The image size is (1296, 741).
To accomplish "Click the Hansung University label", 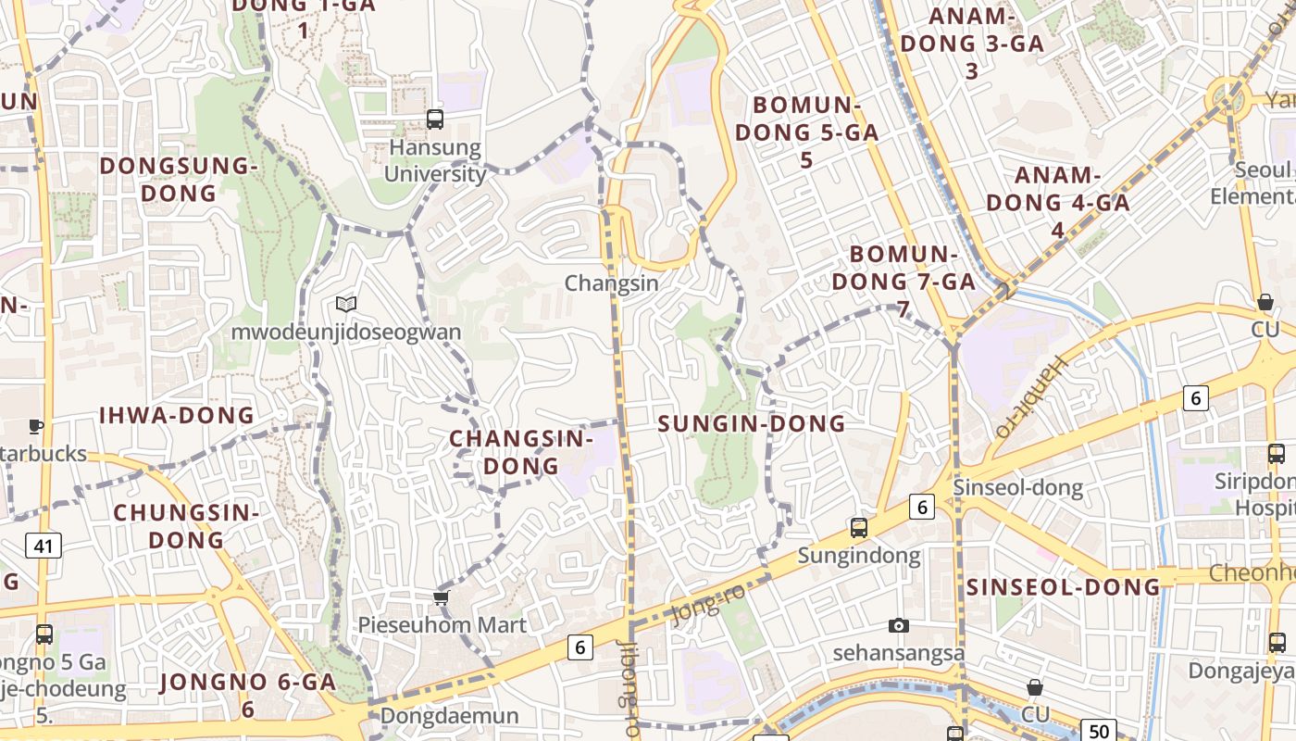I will (x=435, y=160).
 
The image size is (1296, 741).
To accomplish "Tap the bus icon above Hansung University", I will (x=435, y=119).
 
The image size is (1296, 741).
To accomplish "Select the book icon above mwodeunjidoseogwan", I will (x=346, y=304).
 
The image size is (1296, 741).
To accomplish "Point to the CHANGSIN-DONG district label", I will (x=521, y=452).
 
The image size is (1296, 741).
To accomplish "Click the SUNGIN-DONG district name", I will (x=752, y=424).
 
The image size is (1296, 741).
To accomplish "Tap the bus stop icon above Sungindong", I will (x=859, y=528).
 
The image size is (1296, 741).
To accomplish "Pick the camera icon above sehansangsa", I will (x=898, y=626).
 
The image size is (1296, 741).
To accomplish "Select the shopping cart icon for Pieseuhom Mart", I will (x=442, y=597).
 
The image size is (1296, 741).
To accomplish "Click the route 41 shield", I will (x=44, y=546).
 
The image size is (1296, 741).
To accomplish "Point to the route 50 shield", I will (x=1099, y=730).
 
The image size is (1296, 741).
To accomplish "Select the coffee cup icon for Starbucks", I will (x=36, y=426).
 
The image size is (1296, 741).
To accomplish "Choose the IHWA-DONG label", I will (x=176, y=415).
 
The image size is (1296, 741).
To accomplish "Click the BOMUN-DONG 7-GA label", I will (x=903, y=281).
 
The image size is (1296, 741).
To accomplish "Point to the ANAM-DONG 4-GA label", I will (x=1058, y=202).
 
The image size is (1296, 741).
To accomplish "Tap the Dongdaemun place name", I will (x=450, y=716).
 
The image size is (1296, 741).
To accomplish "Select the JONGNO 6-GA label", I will (x=248, y=695).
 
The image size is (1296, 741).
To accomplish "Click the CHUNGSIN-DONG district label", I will (x=186, y=525).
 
